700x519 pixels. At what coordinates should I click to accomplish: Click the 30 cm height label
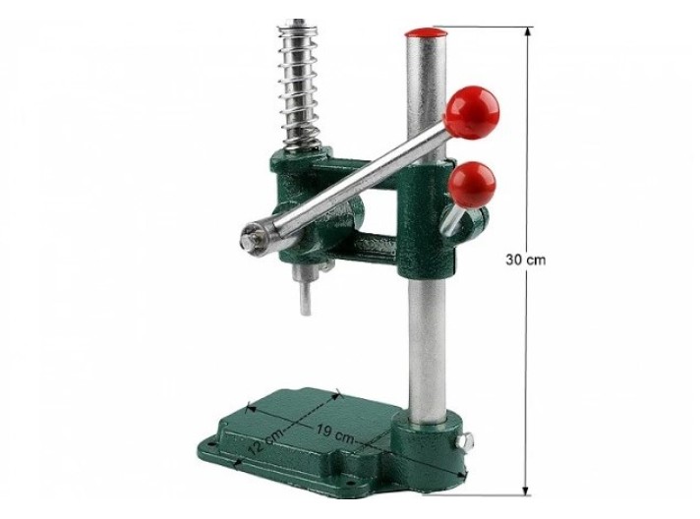525,259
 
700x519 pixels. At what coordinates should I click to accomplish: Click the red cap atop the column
427,33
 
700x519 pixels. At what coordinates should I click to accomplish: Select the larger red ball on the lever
473,112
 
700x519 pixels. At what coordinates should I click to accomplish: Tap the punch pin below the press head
305,296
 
